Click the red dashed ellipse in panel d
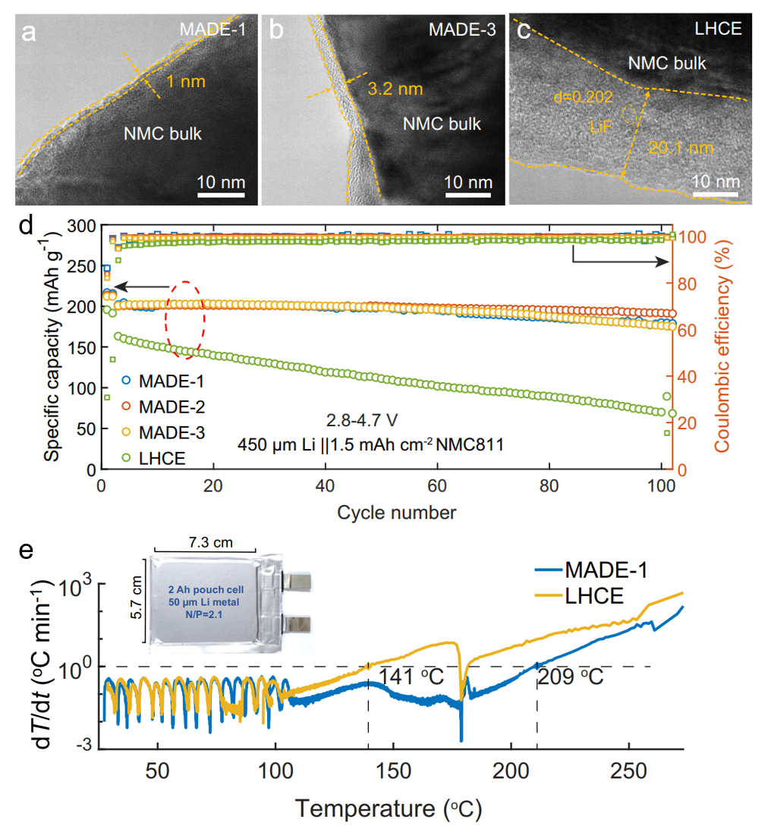pos(186,313)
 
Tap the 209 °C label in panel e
pos(571,676)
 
